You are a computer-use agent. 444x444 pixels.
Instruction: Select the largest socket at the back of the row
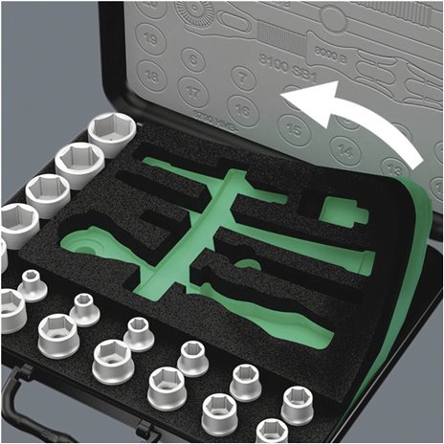point(111,135)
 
